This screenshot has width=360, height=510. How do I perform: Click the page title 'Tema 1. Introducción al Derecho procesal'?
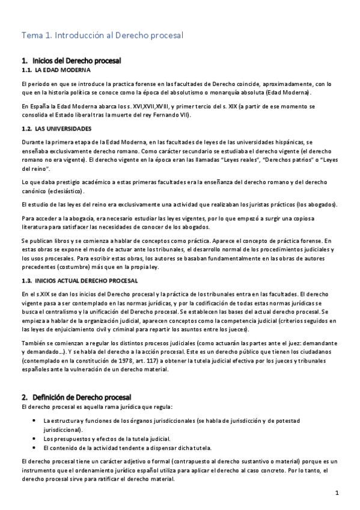point(102,35)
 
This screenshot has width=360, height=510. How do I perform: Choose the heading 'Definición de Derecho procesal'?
point(81,398)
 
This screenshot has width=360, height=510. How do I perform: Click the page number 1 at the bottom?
point(338,493)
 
